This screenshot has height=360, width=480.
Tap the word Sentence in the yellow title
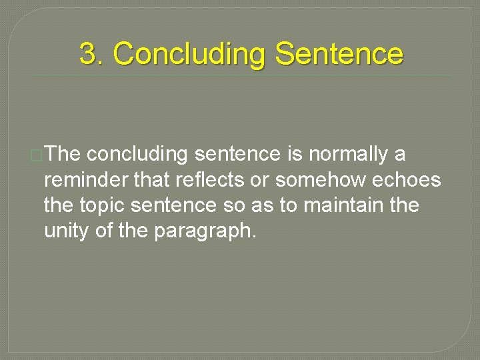click(339, 54)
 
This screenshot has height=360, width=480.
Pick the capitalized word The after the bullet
click(64, 154)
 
